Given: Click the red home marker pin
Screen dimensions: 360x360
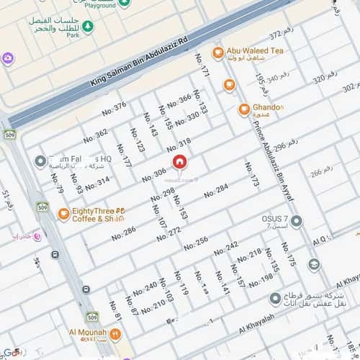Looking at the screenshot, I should coord(179,161).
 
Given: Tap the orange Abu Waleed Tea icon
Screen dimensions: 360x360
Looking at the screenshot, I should coord(217,53).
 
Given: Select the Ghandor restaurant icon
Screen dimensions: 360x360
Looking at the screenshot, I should coord(244,109).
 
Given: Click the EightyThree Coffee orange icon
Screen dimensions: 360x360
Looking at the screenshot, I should coord(63,214).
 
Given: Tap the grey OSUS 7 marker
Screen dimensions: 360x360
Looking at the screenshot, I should coord(297,220).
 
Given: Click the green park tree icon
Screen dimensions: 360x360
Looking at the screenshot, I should coord(88,27).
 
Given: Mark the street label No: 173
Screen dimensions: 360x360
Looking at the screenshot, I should coord(251,175).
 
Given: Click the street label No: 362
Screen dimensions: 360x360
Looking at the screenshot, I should coord(96,135).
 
